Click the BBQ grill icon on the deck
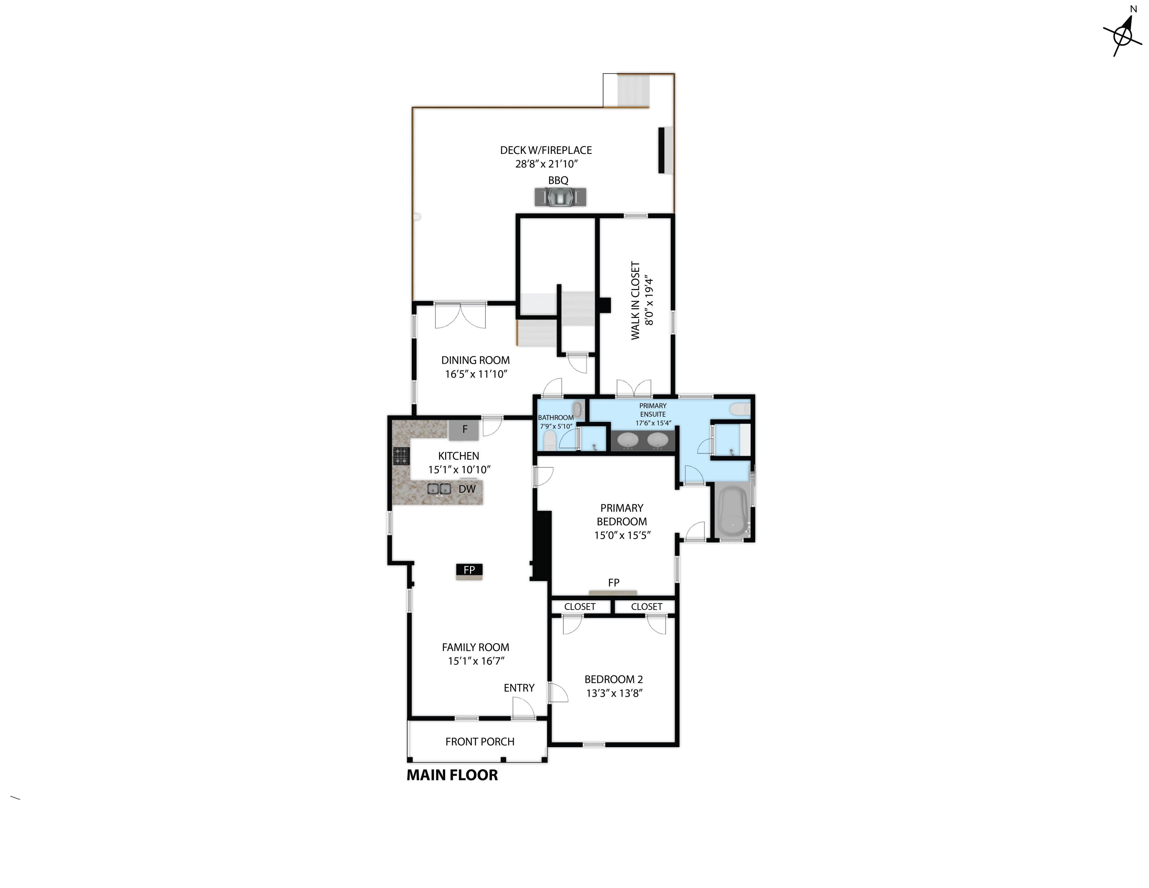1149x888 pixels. (x=560, y=197)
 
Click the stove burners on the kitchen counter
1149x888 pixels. (x=401, y=456)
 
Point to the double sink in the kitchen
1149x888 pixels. (x=439, y=489)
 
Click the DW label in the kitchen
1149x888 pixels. (x=467, y=489)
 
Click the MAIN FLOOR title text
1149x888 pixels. (x=452, y=775)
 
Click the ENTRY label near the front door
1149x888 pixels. (x=519, y=688)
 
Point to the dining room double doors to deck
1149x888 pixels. (x=460, y=315)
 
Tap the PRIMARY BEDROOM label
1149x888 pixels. (x=622, y=514)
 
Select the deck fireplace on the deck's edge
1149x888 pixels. (x=666, y=150)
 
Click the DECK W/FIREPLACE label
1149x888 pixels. (x=546, y=150)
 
